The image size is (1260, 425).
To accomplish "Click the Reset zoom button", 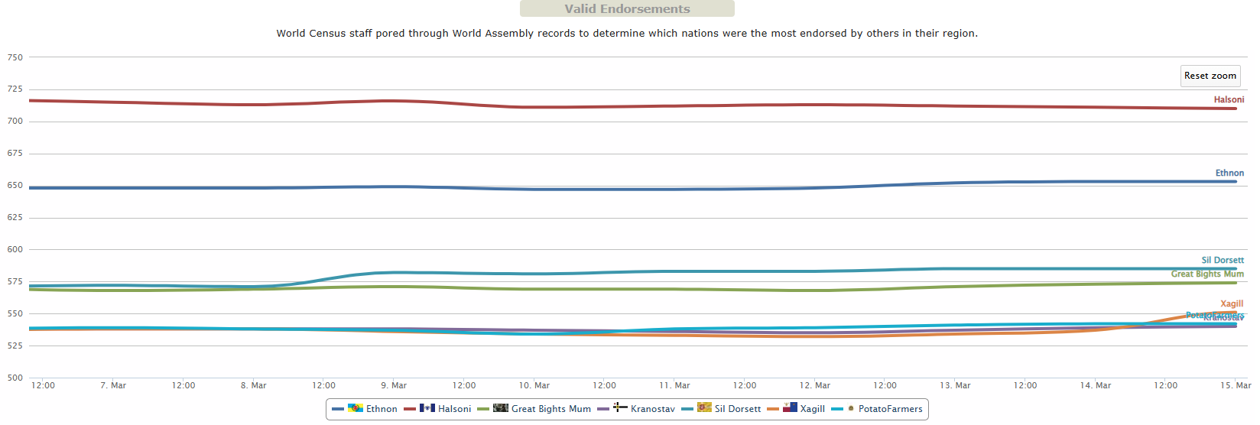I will pos(1210,76).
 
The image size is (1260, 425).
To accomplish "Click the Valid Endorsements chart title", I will pos(627,9).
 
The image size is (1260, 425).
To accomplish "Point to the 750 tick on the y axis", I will pos(15,57).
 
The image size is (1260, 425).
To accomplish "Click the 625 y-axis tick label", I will pos(15,218).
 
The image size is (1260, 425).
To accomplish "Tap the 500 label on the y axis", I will pos(15,378).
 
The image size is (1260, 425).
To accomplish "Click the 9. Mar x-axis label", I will pos(394,385).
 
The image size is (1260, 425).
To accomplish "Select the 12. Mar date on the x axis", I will pos(814,385).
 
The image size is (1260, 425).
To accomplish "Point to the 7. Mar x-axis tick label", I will pos(113,385).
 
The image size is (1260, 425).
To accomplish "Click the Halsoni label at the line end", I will pos(1229,100).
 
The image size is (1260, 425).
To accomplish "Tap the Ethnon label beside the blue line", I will pos(1229,174).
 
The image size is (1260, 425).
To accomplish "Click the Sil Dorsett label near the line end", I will pos(1222,261).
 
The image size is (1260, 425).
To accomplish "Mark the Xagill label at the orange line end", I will pos(1232,304).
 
